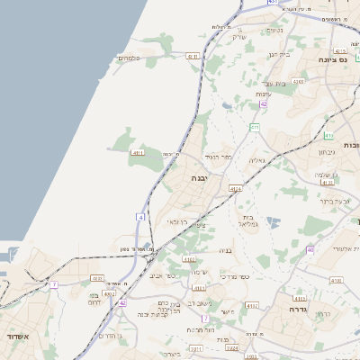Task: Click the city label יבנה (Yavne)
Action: point(198,178)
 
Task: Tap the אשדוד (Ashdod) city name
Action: point(17,337)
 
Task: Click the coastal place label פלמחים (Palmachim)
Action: point(128,58)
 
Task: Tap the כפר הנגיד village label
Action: point(219,157)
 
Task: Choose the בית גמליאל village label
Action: point(249,220)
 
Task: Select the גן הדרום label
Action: point(109,334)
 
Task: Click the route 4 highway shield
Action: point(140,217)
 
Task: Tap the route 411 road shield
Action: point(255,128)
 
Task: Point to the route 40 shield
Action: point(310,249)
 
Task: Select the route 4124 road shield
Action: point(235,189)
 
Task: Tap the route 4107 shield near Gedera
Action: point(336,280)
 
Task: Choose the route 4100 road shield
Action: point(98,279)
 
